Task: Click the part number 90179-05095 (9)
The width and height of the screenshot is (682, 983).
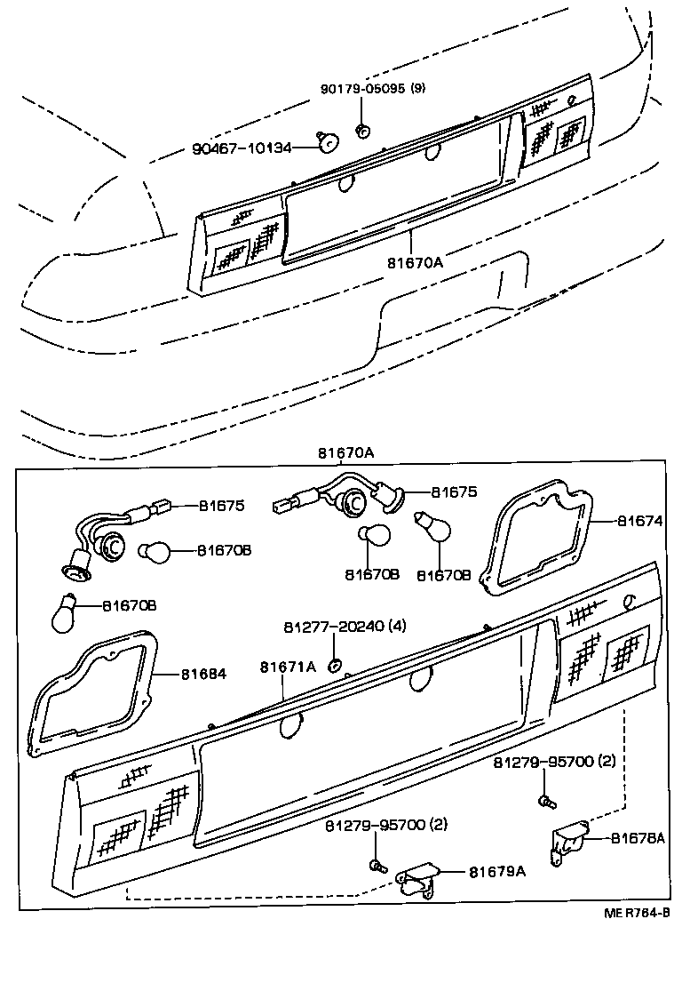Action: tap(373, 89)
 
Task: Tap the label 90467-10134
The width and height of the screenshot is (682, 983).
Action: tap(242, 148)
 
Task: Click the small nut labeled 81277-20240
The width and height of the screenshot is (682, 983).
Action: tap(335, 664)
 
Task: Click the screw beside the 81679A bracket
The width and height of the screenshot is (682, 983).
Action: tap(377, 865)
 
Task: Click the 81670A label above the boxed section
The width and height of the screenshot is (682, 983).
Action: tap(346, 452)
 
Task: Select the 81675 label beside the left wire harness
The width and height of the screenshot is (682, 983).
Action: tap(221, 506)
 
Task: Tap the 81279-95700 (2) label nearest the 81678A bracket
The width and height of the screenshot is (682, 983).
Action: tap(555, 762)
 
